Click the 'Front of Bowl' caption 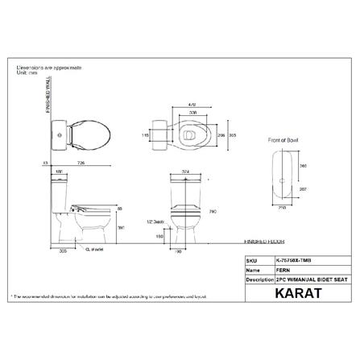tap(283, 140)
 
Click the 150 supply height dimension tap(161, 238)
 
